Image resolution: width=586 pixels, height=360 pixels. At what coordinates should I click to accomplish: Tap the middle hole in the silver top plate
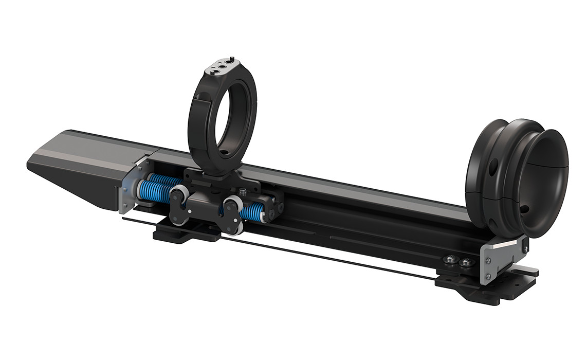[x=222, y=66]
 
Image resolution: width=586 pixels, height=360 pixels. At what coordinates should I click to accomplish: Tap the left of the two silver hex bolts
[x=451, y=260]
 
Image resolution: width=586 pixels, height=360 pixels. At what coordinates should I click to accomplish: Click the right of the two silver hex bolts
[x=466, y=262]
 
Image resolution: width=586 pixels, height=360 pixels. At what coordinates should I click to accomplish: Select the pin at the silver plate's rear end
[x=232, y=58]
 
